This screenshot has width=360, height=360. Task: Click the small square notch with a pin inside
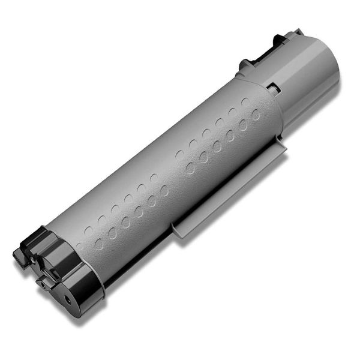(273, 88)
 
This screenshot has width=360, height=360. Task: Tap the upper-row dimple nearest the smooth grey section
(245, 103)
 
